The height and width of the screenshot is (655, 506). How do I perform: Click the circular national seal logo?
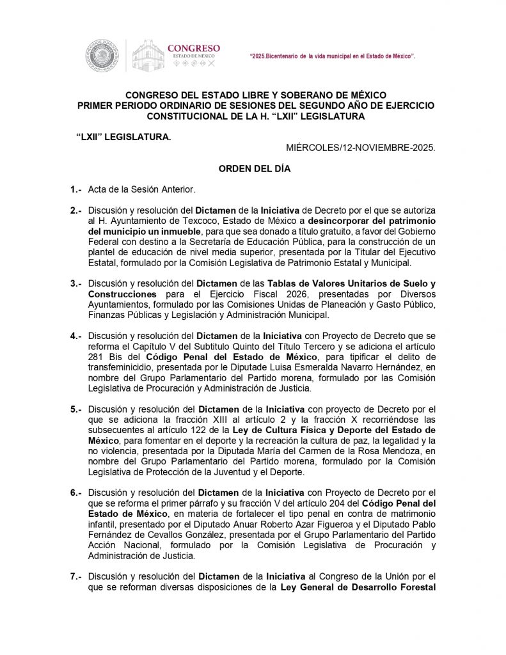tap(102, 55)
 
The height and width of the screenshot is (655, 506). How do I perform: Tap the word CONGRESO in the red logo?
tap(193, 48)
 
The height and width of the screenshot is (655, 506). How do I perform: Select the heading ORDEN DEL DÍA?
tap(255, 170)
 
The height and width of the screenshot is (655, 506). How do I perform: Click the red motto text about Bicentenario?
tap(333, 57)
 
